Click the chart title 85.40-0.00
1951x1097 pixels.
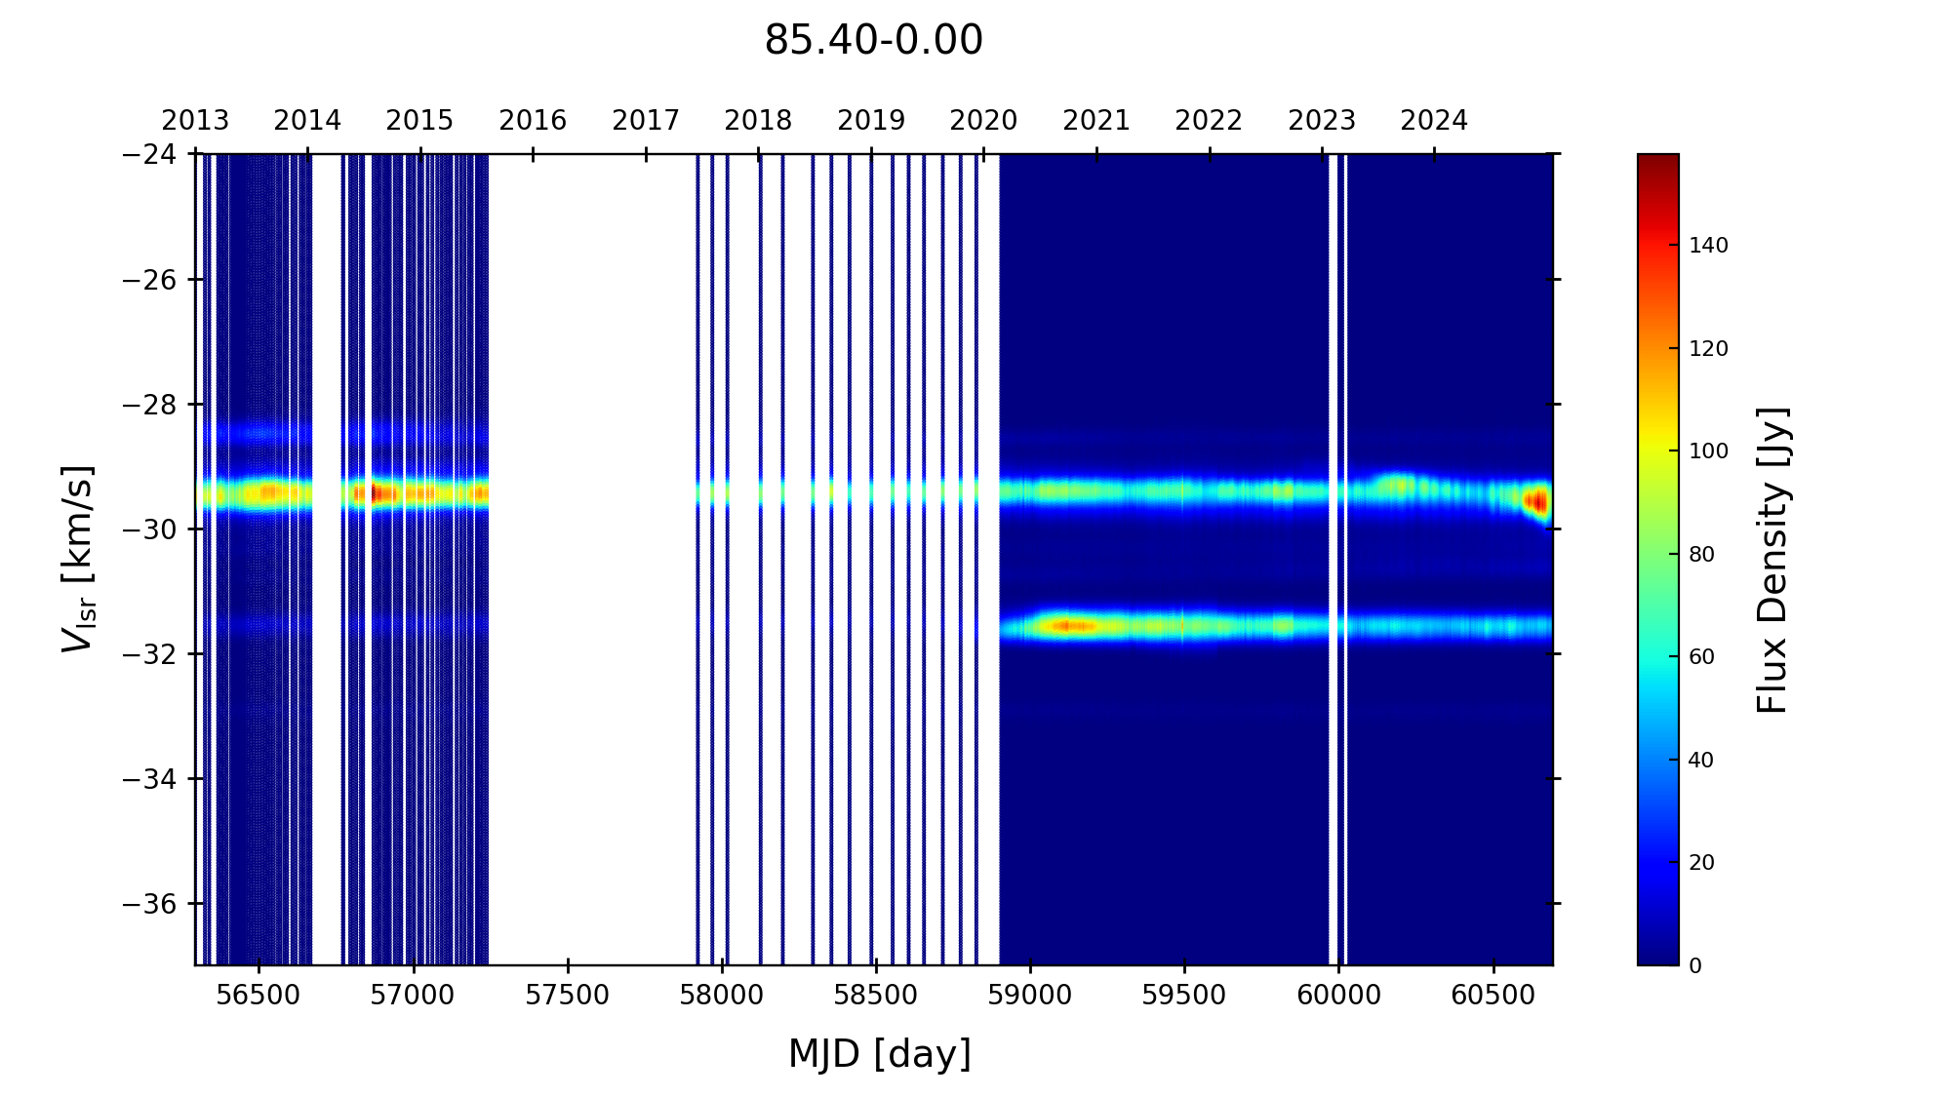coord(873,41)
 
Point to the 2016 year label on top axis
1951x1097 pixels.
coord(533,121)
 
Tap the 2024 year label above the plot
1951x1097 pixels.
coord(1434,121)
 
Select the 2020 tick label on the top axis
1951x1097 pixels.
coord(983,121)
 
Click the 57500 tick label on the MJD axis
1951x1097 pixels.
coord(568,996)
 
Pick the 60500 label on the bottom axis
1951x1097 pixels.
coord(1493,996)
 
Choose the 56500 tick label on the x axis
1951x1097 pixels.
coord(259,996)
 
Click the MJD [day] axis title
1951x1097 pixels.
coord(880,1054)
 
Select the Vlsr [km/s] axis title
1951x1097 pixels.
coord(78,559)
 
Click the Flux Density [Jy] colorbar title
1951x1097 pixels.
coord(1772,561)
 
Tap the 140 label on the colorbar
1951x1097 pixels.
coord(1709,246)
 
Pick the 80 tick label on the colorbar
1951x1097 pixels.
coord(1702,555)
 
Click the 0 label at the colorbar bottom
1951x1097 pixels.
coord(1695,966)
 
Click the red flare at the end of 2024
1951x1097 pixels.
coord(1537,502)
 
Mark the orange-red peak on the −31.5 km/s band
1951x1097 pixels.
coord(1069,626)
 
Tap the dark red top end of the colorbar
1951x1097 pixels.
coord(1658,160)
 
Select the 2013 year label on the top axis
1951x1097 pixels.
coord(195,121)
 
